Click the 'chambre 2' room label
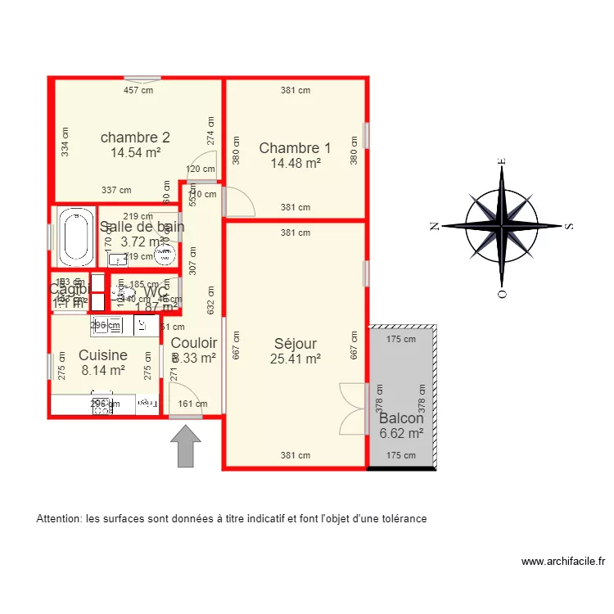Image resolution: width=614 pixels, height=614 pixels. pos(135,137)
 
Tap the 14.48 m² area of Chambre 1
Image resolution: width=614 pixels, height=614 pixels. pos(295,163)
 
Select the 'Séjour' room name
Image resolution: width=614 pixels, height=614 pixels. pos(295,344)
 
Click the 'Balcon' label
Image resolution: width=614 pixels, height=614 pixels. pos(401,418)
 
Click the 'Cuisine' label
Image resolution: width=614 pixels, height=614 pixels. pos(103,355)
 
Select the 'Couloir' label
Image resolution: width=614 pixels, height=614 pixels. pos(194,343)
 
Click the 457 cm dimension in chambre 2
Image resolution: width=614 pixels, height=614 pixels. pos(138,91)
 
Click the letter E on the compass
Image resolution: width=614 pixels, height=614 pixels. pos(503,162)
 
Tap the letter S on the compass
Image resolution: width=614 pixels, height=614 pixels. pos(569,226)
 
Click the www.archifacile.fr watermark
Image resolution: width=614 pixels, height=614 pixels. pos(563,562)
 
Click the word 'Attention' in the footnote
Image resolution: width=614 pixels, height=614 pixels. pos(59,519)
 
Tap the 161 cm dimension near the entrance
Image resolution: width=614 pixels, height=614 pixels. pos(193,404)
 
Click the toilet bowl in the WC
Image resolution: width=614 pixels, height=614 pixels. pos(129,292)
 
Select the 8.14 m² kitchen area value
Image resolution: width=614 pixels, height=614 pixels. pos(103,370)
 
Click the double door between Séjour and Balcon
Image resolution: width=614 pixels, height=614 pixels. pos(354,408)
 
